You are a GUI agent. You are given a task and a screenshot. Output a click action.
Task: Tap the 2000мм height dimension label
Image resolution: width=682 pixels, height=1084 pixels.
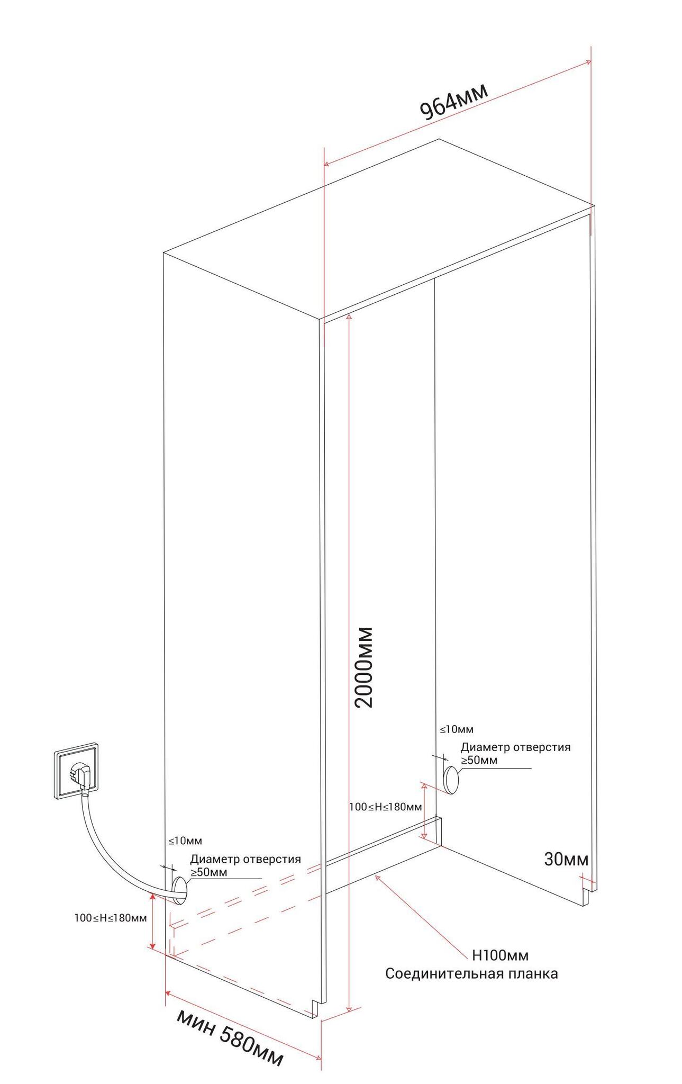tap(365, 667)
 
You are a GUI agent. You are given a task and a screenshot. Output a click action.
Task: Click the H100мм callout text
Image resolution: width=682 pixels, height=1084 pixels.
tap(499, 955)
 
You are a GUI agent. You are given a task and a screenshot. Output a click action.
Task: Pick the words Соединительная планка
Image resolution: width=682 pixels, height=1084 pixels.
tap(471, 973)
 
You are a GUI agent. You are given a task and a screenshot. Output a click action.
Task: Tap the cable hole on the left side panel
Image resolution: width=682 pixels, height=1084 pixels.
tap(179, 890)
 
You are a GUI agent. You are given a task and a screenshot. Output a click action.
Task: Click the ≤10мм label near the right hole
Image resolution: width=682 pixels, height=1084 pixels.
tap(457, 729)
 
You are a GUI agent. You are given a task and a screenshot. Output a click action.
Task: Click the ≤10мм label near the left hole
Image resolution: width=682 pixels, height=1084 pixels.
tap(185, 841)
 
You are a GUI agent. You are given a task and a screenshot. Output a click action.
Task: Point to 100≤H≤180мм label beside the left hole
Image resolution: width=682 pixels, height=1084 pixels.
tap(110, 918)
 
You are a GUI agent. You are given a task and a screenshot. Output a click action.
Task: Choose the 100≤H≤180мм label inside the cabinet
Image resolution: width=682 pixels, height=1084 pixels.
tap(385, 807)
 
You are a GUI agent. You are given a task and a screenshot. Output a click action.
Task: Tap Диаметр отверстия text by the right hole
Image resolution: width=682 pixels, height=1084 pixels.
tap(515, 747)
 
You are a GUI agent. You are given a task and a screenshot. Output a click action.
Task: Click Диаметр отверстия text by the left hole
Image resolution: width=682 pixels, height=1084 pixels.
tap(245, 859)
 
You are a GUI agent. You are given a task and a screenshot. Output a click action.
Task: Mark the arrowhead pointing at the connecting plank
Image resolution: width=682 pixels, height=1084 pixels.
tap(377, 877)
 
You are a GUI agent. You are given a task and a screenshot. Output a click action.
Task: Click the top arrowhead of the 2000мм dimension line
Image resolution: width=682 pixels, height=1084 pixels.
tap(349, 317)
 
